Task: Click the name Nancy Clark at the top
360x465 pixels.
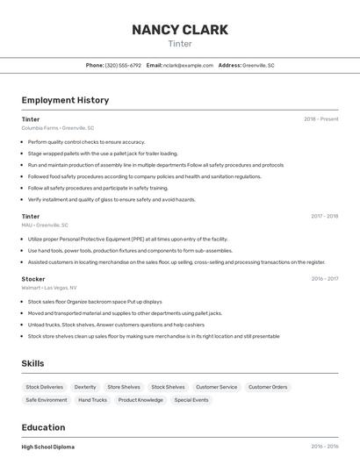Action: (x=179, y=30)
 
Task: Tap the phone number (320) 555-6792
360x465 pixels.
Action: (x=123, y=65)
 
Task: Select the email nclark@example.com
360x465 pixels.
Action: (x=188, y=65)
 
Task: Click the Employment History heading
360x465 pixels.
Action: (x=65, y=100)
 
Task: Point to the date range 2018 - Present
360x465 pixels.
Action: (x=320, y=118)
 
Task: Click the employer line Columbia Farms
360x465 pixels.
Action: (x=58, y=128)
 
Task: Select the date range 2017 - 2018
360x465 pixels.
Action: (x=324, y=216)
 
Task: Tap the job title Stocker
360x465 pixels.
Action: (x=33, y=279)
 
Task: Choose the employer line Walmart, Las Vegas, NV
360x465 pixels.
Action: (x=49, y=288)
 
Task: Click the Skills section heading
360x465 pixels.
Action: (x=33, y=363)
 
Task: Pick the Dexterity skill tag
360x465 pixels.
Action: (x=85, y=387)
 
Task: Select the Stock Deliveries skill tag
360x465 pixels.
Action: (x=45, y=387)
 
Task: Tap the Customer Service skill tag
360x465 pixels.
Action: (x=216, y=387)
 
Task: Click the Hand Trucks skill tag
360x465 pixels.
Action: (x=92, y=400)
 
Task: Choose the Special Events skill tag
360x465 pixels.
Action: (x=191, y=400)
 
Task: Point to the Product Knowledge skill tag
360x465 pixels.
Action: (x=140, y=400)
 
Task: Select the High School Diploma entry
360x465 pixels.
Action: (x=48, y=447)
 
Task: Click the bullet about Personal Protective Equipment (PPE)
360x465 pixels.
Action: (x=127, y=239)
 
